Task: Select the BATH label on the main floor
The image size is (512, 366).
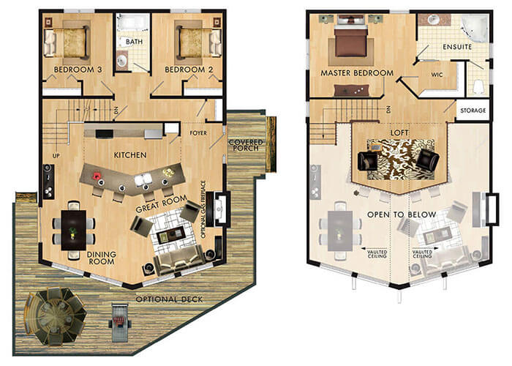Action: (134, 42)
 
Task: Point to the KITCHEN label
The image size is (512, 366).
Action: (132, 155)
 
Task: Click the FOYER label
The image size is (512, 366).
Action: (199, 134)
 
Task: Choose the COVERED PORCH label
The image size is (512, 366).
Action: (246, 146)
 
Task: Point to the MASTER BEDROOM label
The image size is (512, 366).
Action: (357, 73)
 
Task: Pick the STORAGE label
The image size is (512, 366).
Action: (471, 111)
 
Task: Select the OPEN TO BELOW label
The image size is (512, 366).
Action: (402, 214)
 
